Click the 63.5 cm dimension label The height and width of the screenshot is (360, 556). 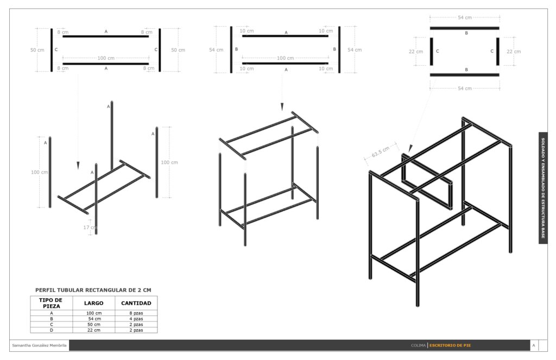pyautogui.click(x=381, y=152)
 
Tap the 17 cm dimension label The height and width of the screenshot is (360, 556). pyautogui.click(x=90, y=228)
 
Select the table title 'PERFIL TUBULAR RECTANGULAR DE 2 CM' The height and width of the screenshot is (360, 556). pyautogui.click(x=93, y=290)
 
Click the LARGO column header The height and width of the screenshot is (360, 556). pyautogui.click(x=93, y=303)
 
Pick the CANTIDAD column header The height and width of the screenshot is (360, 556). pyautogui.click(x=136, y=303)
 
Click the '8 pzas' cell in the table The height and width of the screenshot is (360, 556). pyautogui.click(x=136, y=313)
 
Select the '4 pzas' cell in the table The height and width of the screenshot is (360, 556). pyautogui.click(x=136, y=319)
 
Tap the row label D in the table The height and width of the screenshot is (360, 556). pyautogui.click(x=52, y=330)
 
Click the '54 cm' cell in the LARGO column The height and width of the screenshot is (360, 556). pyautogui.click(x=94, y=319)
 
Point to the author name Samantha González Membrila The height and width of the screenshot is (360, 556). pyautogui.click(x=39, y=345)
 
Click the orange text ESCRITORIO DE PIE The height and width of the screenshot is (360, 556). pyautogui.click(x=450, y=345)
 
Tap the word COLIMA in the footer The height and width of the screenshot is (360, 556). pyautogui.click(x=419, y=345)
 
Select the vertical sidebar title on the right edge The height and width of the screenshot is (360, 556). pyautogui.click(x=543, y=188)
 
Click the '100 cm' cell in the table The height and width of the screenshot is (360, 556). pyautogui.click(x=94, y=313)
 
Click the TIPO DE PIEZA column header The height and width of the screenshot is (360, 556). pyautogui.click(x=52, y=303)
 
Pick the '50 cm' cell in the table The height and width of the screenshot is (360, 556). pyautogui.click(x=94, y=325)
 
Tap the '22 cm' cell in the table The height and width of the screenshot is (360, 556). pyautogui.click(x=94, y=330)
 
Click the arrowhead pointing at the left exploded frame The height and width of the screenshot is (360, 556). pyautogui.click(x=78, y=166)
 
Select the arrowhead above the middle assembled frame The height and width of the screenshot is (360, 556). pyautogui.click(x=282, y=107)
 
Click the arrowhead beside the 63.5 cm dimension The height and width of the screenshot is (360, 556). pyautogui.click(x=410, y=149)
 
